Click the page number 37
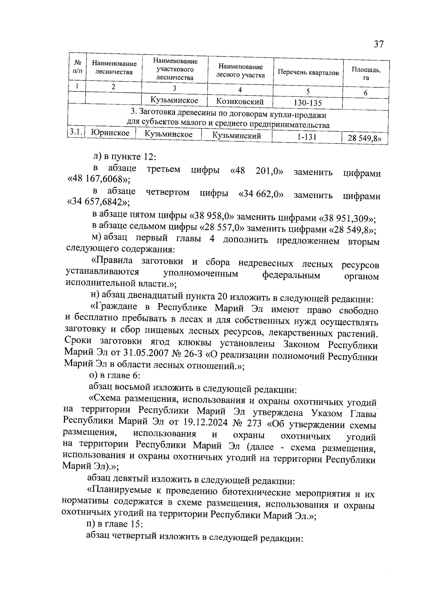click(x=378, y=45)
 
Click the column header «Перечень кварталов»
click(x=308, y=73)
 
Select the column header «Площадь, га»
click(x=366, y=73)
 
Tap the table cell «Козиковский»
click(x=240, y=102)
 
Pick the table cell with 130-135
click(x=308, y=103)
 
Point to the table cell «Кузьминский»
click(x=236, y=136)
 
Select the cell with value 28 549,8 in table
click(x=364, y=139)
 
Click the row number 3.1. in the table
click(x=76, y=132)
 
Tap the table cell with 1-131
click(x=307, y=137)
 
